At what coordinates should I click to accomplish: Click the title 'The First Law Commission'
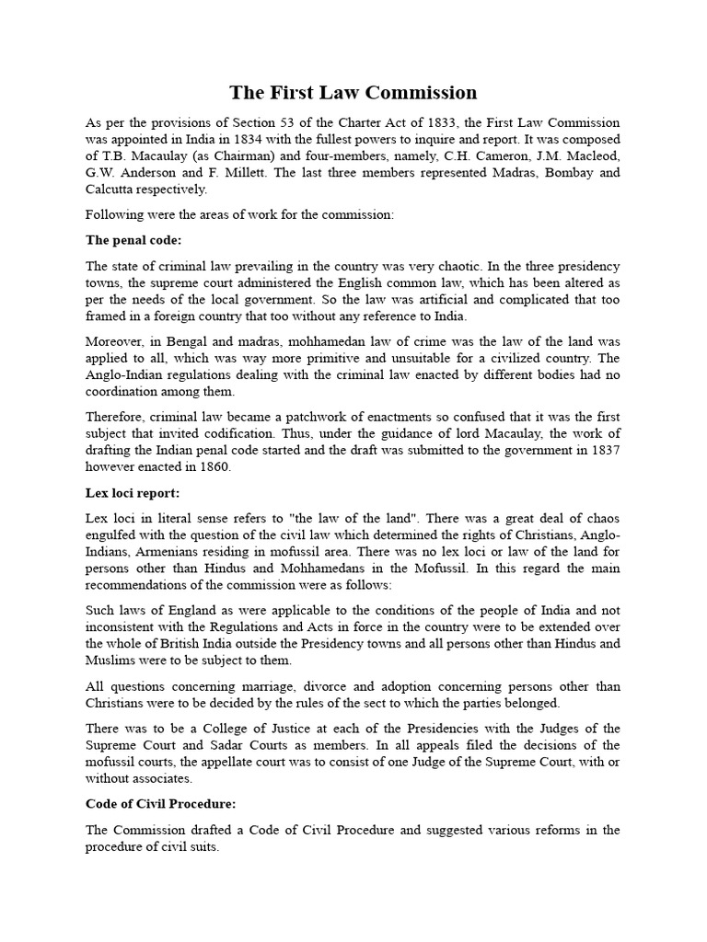(353, 92)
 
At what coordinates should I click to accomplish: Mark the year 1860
(211, 467)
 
